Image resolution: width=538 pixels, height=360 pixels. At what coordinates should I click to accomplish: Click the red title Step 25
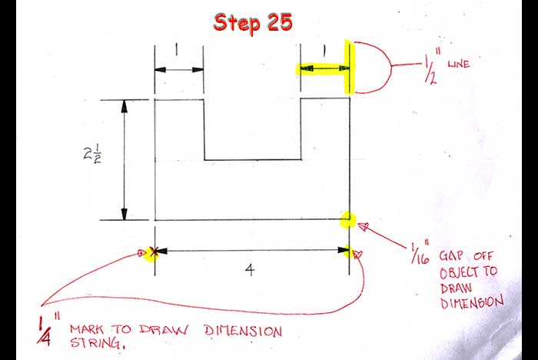pos(253,22)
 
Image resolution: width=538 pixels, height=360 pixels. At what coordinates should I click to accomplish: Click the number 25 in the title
pos(279,22)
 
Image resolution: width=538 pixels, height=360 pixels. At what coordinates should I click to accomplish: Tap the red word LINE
pos(458,66)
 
